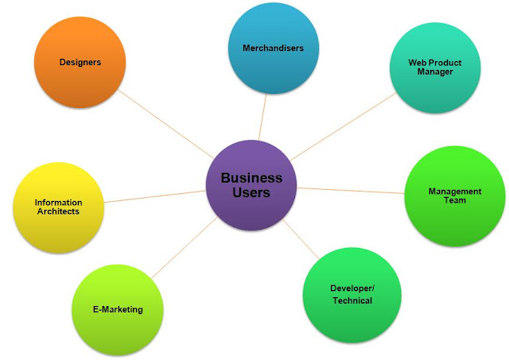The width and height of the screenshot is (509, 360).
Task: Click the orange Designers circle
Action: pos(80,63)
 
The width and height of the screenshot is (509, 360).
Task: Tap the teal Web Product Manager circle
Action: pos(434,68)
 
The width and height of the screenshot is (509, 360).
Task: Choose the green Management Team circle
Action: pos(454,196)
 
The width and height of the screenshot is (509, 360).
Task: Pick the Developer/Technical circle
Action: pos(350,294)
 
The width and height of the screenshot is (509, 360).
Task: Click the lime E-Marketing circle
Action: pos(118,309)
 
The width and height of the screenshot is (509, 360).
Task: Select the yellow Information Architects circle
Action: pos(58,207)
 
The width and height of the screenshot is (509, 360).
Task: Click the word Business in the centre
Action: pos(251,178)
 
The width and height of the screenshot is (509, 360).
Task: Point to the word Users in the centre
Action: pos(251,193)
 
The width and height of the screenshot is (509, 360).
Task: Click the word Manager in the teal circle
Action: pos(435,72)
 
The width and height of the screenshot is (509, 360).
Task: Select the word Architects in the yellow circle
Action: pos(58,212)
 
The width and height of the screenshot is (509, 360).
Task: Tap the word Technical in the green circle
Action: pos(351,300)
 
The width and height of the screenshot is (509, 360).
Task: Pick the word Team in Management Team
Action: pos(456,201)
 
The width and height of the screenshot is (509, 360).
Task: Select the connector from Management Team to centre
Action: pos(350,191)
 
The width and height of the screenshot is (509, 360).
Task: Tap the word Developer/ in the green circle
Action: pos(351,288)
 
